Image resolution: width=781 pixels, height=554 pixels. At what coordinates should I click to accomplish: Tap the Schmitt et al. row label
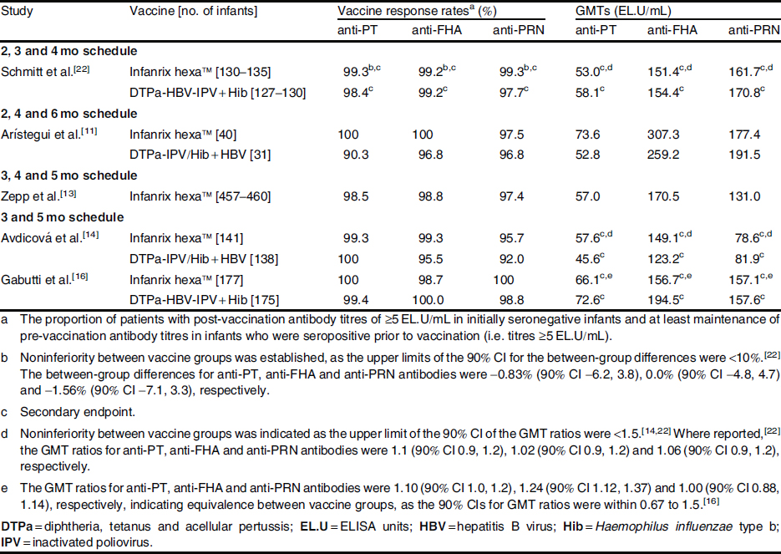point(34,71)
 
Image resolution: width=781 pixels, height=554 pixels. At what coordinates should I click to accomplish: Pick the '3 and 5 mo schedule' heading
point(52,217)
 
